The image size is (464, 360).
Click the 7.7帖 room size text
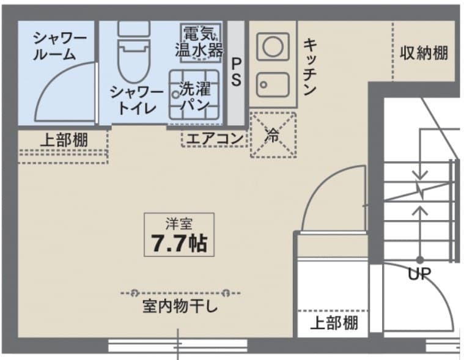pyautogui.click(x=179, y=243)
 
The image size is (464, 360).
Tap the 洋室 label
pyautogui.click(x=179, y=224)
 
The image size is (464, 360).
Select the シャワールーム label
pyautogui.click(x=58, y=46)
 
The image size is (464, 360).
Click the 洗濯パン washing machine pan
pyautogui.click(x=194, y=95)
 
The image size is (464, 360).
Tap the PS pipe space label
pyautogui.click(x=236, y=72)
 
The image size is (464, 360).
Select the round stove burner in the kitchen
pyautogui.click(x=273, y=46)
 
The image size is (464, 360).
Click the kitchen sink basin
pyautogui.click(x=273, y=84)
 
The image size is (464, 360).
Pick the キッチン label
pyautogui.click(x=310, y=67)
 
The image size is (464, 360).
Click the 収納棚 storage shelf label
pyautogui.click(x=424, y=53)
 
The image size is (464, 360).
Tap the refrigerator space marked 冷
pyautogui.click(x=273, y=135)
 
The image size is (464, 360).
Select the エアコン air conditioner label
pyautogui.click(x=214, y=139)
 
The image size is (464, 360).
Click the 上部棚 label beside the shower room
pyautogui.click(x=64, y=140)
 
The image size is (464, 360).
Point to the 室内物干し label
pyautogui.click(x=180, y=306)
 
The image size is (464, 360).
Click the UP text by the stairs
pyautogui.click(x=419, y=274)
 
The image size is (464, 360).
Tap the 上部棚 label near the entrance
pyautogui.click(x=334, y=323)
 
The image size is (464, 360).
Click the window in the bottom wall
pyautogui.click(x=177, y=345)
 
